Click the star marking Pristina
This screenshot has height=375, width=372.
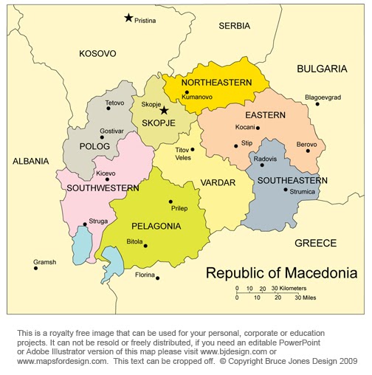pyautogui.click(x=128, y=18)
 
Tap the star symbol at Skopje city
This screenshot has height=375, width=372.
pyautogui.click(x=164, y=111)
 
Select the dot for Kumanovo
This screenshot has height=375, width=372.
pyautogui.click(x=187, y=93)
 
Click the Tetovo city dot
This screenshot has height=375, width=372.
pyautogui.click(x=108, y=109)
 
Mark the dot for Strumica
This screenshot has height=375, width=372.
pyautogui.click(x=286, y=190)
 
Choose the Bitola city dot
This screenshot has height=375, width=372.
pyautogui.click(x=145, y=246)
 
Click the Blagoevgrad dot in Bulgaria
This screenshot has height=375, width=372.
pyautogui.click(x=317, y=103)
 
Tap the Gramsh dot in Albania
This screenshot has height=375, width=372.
pyautogui.click(x=35, y=267)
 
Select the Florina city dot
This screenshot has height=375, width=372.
pyautogui.click(x=157, y=278)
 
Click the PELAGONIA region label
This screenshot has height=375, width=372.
pyautogui.click(x=156, y=226)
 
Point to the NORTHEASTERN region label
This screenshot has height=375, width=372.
pyautogui.click(x=216, y=82)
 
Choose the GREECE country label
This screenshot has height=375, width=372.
pyautogui.click(x=315, y=243)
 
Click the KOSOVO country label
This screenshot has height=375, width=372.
pyautogui.click(x=97, y=53)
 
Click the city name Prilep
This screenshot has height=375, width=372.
pyautogui.click(x=179, y=209)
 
